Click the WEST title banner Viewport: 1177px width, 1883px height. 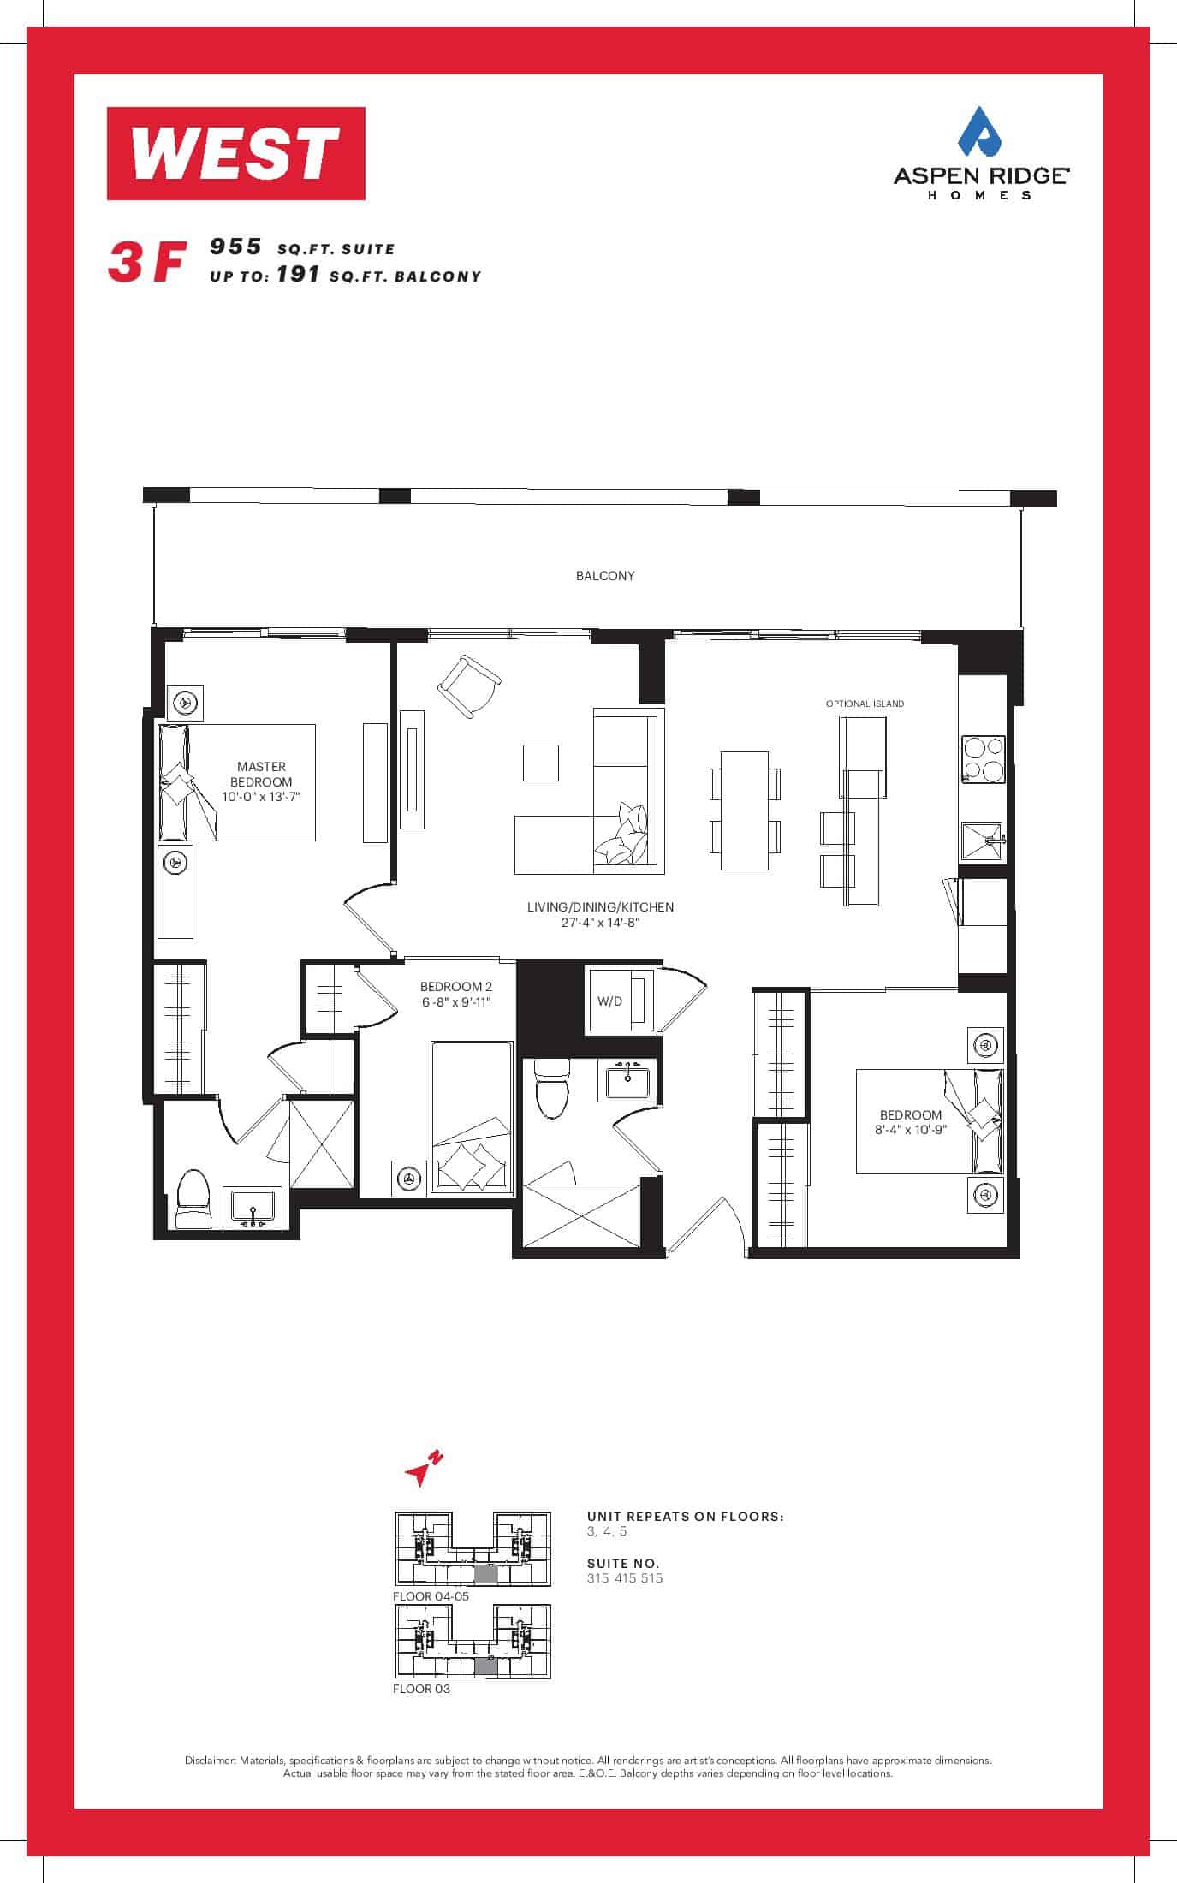[236, 153]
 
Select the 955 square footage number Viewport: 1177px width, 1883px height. [235, 247]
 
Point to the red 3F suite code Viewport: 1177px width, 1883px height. [146, 263]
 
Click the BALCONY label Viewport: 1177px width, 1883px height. [605, 576]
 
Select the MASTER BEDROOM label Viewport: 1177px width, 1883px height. [261, 775]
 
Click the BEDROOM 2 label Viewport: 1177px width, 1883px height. [456, 987]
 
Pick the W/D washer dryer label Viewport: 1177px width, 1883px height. [610, 1001]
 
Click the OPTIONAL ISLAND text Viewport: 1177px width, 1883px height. [865, 704]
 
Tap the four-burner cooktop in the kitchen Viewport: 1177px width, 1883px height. [983, 759]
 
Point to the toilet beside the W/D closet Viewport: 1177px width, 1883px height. [551, 1088]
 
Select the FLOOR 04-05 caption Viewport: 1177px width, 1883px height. [431, 1596]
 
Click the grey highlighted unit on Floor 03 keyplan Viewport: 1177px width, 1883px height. [485, 1665]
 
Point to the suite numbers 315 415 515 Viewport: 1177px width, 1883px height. [625, 1578]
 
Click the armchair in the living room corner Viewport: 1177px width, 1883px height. [467, 687]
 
